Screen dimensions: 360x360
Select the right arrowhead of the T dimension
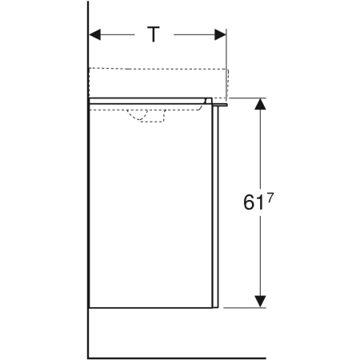click(x=220, y=34)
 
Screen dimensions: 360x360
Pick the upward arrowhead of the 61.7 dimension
click(x=259, y=104)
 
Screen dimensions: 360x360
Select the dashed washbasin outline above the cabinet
click(x=160, y=80)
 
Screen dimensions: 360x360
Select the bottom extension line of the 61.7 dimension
click(x=244, y=306)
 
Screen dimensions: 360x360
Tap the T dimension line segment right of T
click(x=196, y=34)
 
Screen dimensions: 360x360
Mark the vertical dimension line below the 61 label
click(x=259, y=256)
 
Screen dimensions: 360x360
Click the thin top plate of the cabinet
click(x=148, y=99)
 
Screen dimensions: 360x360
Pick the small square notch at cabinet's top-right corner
click(x=209, y=101)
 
